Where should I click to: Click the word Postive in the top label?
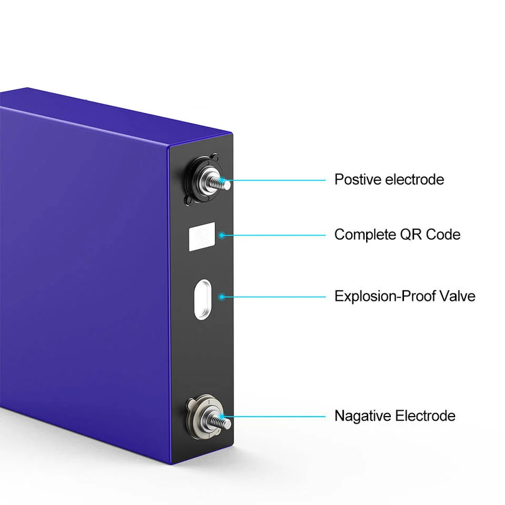[x=358, y=179]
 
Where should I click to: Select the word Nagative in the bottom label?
[x=363, y=416]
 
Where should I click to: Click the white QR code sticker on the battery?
[x=202, y=236]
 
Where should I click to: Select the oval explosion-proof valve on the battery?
[x=202, y=298]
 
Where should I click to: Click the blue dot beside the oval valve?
[x=222, y=297]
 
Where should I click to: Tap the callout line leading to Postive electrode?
[x=279, y=180]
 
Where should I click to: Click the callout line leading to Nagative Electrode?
[x=279, y=417]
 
